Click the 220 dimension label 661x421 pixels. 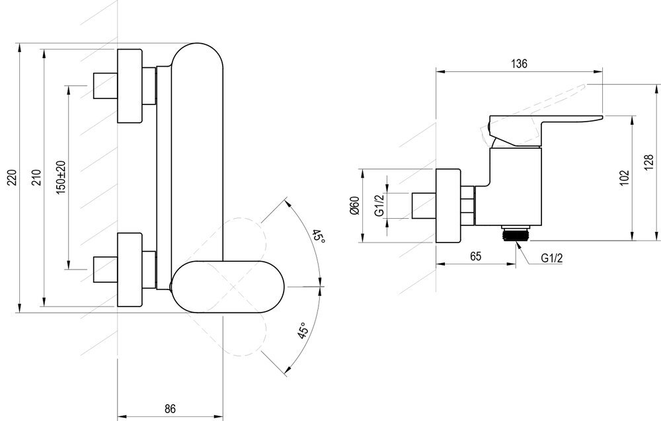[x=13, y=178]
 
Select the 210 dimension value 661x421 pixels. [x=37, y=178]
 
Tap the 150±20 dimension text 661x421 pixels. [x=61, y=177]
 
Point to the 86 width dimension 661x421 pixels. [x=170, y=408]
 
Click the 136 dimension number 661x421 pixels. [x=519, y=63]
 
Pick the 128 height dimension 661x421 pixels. [x=649, y=163]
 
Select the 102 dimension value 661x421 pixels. [x=625, y=178]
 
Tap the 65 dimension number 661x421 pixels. [x=475, y=256]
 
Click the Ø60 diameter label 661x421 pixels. [x=354, y=206]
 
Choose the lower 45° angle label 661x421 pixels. [x=302, y=331]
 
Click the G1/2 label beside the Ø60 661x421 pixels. [x=379, y=206]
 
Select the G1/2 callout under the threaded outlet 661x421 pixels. [x=552, y=258]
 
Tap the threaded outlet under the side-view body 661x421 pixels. [x=515, y=233]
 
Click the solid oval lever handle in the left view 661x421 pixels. [x=228, y=287]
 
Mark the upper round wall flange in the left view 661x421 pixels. [x=130, y=86]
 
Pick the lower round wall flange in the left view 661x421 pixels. [x=130, y=269]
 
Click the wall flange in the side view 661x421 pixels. [x=449, y=206]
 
